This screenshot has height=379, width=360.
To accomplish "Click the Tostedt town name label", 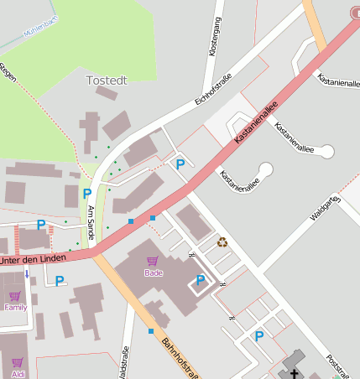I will [x=107, y=80].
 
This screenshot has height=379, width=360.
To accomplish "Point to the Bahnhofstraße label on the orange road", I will [x=180, y=356].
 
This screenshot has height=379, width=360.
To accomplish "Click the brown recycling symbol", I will [x=222, y=242].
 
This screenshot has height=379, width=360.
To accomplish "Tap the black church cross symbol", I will [x=295, y=369].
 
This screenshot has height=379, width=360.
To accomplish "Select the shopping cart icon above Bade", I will [x=152, y=262].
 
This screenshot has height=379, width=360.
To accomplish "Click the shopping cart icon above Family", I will [x=14, y=296].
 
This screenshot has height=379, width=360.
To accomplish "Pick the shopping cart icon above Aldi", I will [x=17, y=362].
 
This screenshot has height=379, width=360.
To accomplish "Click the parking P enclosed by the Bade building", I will [x=200, y=280].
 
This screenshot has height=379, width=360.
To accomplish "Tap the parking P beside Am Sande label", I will [x=86, y=194].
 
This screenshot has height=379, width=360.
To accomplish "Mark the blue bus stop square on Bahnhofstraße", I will [x=151, y=331].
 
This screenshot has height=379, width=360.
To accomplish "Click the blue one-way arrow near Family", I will [x=27, y=273].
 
